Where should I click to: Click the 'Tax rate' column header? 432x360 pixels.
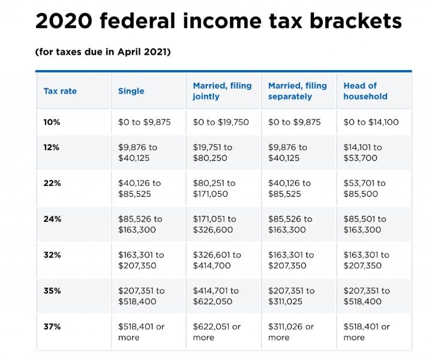point(60,91)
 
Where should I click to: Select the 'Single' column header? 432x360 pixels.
point(131,91)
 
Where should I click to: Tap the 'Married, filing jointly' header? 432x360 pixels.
point(222,91)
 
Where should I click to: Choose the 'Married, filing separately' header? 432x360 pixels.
point(297,91)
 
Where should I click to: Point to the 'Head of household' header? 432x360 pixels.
point(365,91)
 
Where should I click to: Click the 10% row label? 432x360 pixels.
point(52,122)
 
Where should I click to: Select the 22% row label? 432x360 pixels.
point(52,183)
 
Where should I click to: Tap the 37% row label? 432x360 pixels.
point(52,327)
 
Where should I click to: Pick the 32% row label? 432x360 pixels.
point(52,255)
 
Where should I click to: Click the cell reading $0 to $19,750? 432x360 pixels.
point(221,122)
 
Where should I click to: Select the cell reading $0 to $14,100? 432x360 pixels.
point(371,122)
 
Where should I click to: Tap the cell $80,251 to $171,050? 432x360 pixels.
point(214,188)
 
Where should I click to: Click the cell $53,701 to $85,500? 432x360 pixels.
point(365,188)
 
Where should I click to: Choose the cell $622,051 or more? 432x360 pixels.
point(217,332)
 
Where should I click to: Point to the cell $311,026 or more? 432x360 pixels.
point(292,332)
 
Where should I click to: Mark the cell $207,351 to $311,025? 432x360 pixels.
point(291,296)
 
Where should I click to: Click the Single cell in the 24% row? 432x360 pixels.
point(140,224)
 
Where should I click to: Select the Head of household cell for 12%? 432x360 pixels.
point(362,152)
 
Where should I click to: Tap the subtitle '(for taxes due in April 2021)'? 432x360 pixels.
point(103,52)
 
